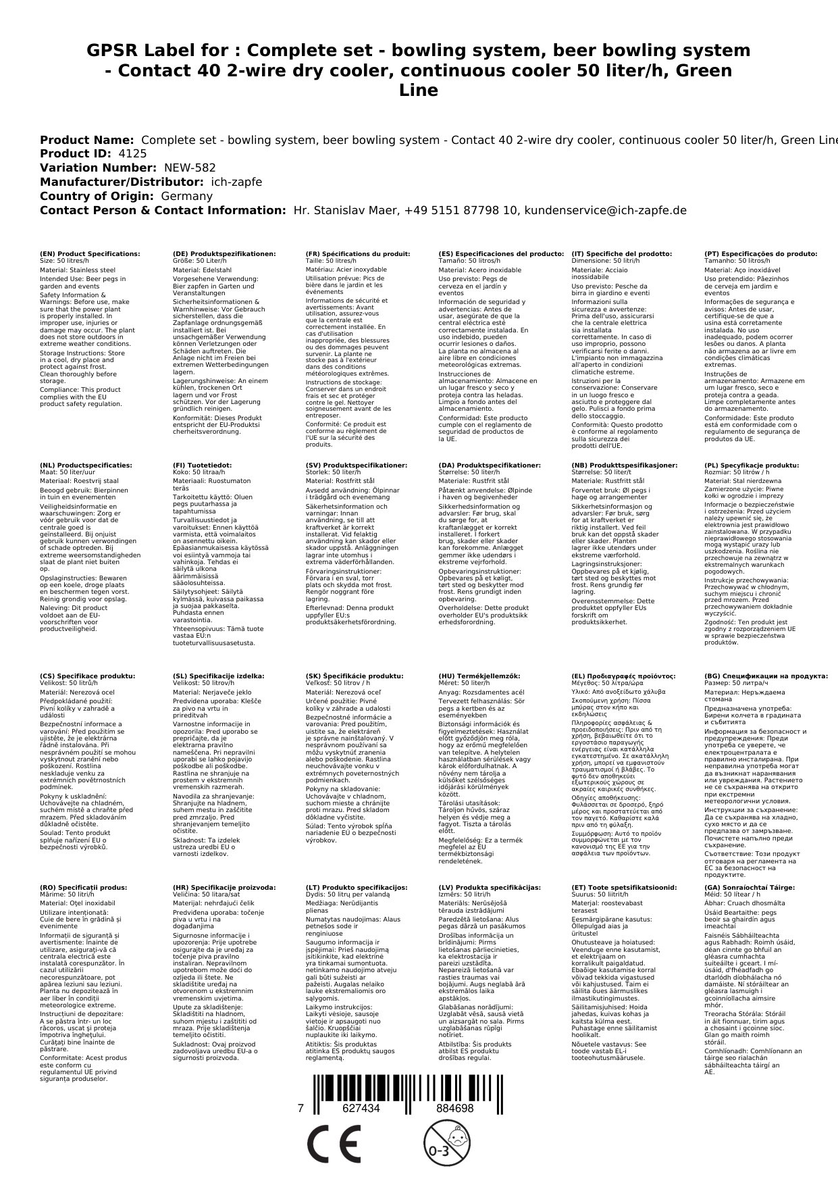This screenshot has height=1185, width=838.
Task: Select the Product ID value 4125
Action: pyautogui.click(x=132, y=153)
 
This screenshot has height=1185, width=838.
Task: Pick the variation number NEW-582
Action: pyautogui.click(x=180, y=168)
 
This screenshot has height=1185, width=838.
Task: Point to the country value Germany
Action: pyautogui.click(x=186, y=196)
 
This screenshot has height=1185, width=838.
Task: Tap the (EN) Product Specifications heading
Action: pyautogui.click(x=90, y=254)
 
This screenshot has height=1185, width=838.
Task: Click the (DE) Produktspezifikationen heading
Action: pyautogui.click(x=224, y=254)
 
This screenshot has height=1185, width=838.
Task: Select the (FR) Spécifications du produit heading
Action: pyautogui.click(x=358, y=254)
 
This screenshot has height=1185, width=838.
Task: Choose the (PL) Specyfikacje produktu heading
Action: pyautogui.click(x=752, y=465)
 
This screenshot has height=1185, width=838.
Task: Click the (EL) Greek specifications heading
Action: pyautogui.click(x=623, y=676)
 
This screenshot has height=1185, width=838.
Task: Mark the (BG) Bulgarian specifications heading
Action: pyautogui.click(x=766, y=676)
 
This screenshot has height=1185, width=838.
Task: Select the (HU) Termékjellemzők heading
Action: pyautogui.click(x=479, y=676)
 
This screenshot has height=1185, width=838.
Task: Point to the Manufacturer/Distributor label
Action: pyautogui.click(x=122, y=182)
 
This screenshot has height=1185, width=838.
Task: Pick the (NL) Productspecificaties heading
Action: pyautogui.click(x=86, y=465)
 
